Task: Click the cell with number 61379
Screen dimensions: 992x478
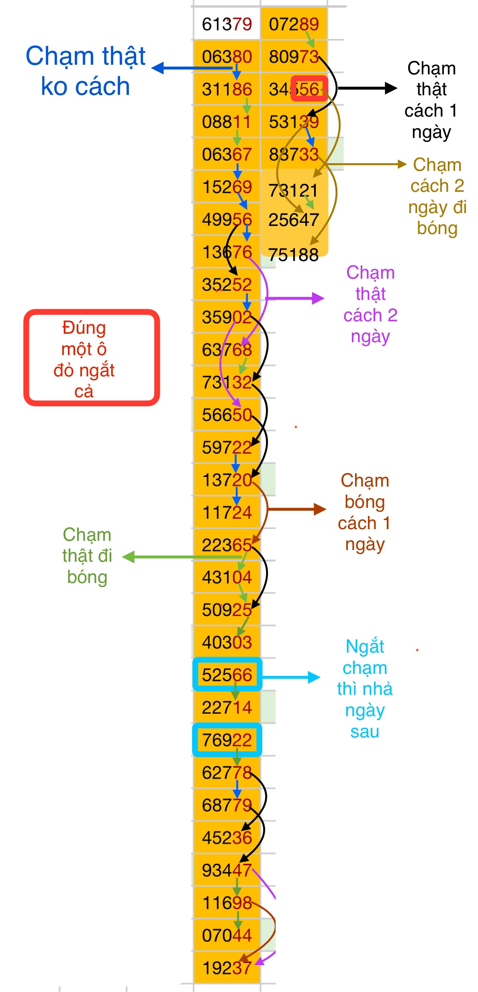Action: click(227, 24)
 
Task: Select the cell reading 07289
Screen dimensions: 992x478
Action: click(294, 24)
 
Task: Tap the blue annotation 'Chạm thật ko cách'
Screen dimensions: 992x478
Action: click(85, 71)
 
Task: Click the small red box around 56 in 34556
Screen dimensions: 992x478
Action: click(309, 88)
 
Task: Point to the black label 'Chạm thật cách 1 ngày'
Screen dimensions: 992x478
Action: click(431, 100)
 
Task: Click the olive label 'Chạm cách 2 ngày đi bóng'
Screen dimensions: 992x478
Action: click(437, 196)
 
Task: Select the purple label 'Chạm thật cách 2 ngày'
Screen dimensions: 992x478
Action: click(370, 304)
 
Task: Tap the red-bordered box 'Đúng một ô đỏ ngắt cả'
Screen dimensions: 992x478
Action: click(92, 357)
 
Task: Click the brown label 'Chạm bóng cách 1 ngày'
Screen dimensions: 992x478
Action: click(364, 512)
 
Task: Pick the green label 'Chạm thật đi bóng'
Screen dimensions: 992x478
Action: click(87, 556)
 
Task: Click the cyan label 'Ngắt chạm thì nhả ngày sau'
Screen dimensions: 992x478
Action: click(364, 689)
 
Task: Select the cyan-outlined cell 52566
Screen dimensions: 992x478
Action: click(227, 675)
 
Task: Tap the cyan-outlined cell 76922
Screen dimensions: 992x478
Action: click(227, 740)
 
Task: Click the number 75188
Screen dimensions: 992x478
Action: click(293, 255)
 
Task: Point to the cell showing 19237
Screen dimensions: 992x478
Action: click(227, 968)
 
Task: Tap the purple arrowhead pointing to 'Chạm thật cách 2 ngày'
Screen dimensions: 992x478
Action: click(319, 298)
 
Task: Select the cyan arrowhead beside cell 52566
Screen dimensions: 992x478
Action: click(314, 677)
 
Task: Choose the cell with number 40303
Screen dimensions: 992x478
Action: click(227, 642)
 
